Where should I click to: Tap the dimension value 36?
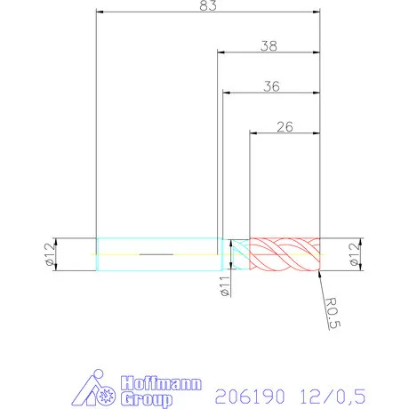pyautogui.click(x=271, y=86)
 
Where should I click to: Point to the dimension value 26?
pyautogui.click(x=285, y=126)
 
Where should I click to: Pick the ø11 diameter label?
pyautogui.click(x=225, y=287)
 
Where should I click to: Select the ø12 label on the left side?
pyautogui.click(x=51, y=254)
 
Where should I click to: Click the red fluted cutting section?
pyautogui.click(x=284, y=255)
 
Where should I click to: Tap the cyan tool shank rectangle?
pyautogui.click(x=158, y=254)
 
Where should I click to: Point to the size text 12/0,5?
pyautogui.click(x=333, y=392)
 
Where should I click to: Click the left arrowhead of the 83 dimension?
pyautogui.click(x=100, y=12)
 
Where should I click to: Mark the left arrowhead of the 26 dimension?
pyautogui.click(x=253, y=133)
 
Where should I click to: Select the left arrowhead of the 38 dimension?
pyautogui.click(x=221, y=52)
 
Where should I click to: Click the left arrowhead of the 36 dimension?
pyautogui.click(x=227, y=92)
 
